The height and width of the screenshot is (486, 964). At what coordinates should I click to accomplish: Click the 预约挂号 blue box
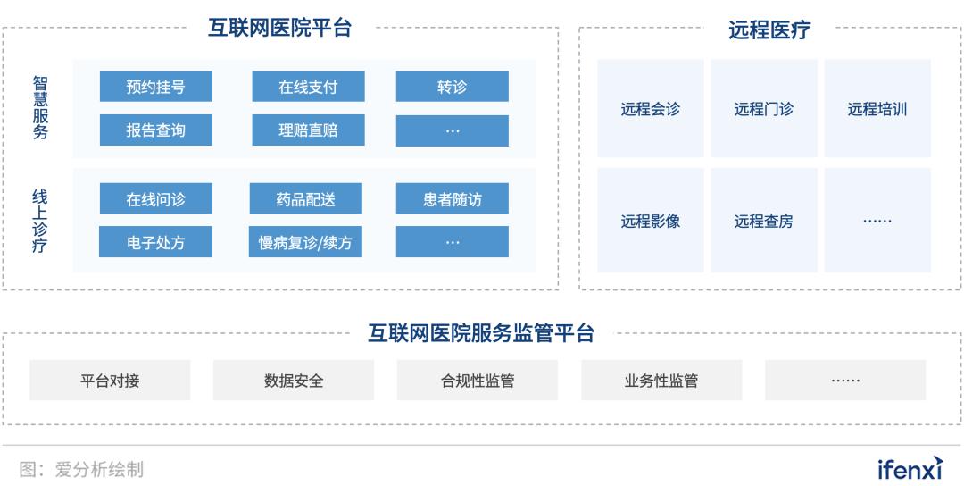click(x=156, y=86)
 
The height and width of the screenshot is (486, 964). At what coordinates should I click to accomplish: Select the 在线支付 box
click(x=308, y=86)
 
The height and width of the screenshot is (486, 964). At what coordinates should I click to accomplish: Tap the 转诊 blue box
click(x=452, y=86)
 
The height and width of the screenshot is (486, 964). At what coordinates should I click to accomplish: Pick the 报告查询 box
click(x=156, y=130)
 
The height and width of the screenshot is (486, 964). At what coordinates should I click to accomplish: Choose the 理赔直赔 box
click(x=308, y=130)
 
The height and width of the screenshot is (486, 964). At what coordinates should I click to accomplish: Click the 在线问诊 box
click(x=156, y=198)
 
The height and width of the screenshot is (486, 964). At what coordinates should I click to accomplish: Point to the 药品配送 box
click(x=305, y=198)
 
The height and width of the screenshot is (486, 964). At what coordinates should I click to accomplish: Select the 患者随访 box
click(x=452, y=198)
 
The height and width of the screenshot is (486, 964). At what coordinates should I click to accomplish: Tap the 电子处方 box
click(x=155, y=242)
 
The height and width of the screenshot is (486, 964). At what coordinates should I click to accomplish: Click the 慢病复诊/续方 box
click(x=305, y=242)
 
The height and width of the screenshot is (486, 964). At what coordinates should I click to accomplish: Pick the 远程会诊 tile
click(x=651, y=109)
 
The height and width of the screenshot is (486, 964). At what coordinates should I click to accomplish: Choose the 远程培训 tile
click(x=877, y=109)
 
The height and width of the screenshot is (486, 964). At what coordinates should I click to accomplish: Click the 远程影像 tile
click(x=651, y=221)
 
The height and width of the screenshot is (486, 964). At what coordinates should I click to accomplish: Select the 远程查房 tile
click(x=764, y=221)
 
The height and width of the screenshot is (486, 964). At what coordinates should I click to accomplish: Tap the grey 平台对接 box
click(x=110, y=381)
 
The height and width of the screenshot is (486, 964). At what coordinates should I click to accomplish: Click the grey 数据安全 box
click(x=294, y=381)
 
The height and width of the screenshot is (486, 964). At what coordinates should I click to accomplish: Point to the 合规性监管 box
click(x=477, y=381)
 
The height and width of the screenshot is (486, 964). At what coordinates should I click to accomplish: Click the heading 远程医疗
click(x=769, y=29)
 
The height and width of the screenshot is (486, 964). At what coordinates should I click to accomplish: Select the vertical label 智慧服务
click(x=40, y=108)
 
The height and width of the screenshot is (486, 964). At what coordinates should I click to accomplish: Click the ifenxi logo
click(x=910, y=468)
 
